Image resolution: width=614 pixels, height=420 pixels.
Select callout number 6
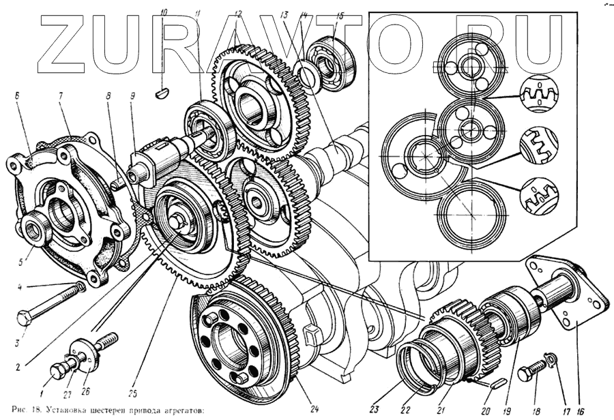[x=17, y=97]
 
